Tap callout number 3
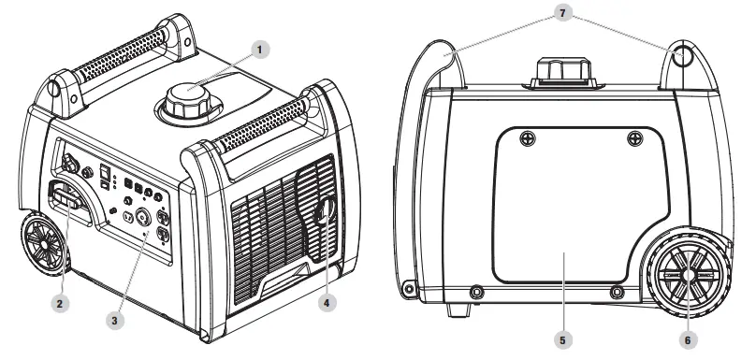[115, 319]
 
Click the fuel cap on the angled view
[187, 99]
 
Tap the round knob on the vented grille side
[325, 211]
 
